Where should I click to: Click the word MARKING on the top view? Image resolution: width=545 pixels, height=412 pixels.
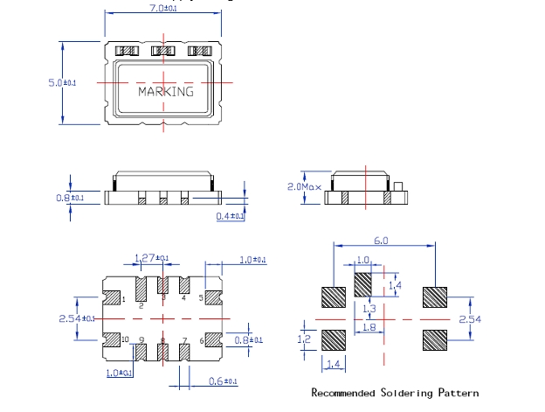[166, 91]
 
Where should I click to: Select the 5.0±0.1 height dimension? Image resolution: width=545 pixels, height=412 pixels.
[63, 82]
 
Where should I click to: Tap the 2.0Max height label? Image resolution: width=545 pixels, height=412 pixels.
[305, 187]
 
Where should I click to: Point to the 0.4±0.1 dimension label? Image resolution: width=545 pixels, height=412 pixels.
[231, 216]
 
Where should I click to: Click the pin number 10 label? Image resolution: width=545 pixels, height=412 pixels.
[125, 339]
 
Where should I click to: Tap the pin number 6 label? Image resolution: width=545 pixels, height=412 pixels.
[202, 339]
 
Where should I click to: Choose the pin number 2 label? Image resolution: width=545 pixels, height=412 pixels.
[141, 305]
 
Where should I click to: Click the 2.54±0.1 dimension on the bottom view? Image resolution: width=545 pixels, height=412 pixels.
[79, 318]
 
